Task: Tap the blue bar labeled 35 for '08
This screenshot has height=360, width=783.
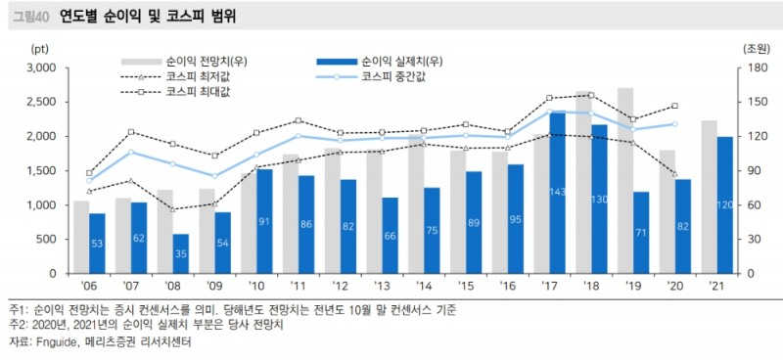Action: (181, 253)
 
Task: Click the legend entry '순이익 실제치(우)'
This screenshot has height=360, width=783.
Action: (402, 61)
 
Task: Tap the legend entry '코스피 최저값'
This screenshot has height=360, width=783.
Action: (199, 75)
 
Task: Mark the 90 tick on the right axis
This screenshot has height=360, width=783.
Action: (751, 171)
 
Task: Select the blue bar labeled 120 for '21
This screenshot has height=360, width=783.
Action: (725, 204)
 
